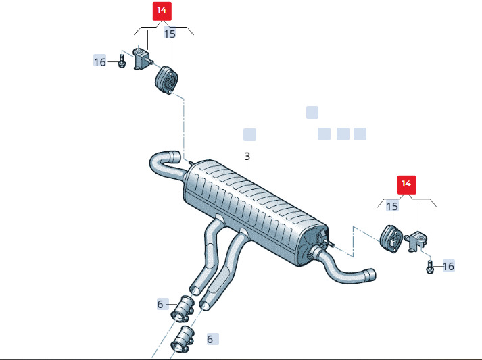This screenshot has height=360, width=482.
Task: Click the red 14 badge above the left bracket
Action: [x=162, y=11]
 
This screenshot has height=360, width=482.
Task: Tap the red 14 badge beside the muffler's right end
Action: [x=407, y=184]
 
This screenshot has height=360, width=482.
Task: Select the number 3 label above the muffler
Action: [x=247, y=156]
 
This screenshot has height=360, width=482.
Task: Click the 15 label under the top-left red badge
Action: [x=170, y=34]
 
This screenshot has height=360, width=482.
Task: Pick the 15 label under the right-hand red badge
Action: [x=392, y=207]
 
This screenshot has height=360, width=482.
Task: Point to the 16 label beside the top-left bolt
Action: [x=99, y=62]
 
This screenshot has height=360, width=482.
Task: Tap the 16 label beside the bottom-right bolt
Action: [x=448, y=266]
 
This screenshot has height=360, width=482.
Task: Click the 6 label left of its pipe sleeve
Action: [x=160, y=304]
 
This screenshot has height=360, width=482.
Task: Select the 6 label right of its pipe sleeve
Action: [x=210, y=339]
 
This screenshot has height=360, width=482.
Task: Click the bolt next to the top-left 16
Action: [x=122, y=61]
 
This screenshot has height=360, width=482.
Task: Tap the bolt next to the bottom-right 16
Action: [x=430, y=267]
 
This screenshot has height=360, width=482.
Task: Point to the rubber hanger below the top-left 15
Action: [x=166, y=80]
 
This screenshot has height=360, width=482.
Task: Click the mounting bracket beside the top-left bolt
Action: [x=142, y=59]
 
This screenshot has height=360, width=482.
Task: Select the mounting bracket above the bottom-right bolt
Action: [x=417, y=240]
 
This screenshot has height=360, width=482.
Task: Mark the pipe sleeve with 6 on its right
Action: [x=183, y=339]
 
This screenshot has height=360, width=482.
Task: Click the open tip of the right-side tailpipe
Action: [x=371, y=274]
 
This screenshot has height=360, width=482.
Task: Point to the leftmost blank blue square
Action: [x=249, y=135]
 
